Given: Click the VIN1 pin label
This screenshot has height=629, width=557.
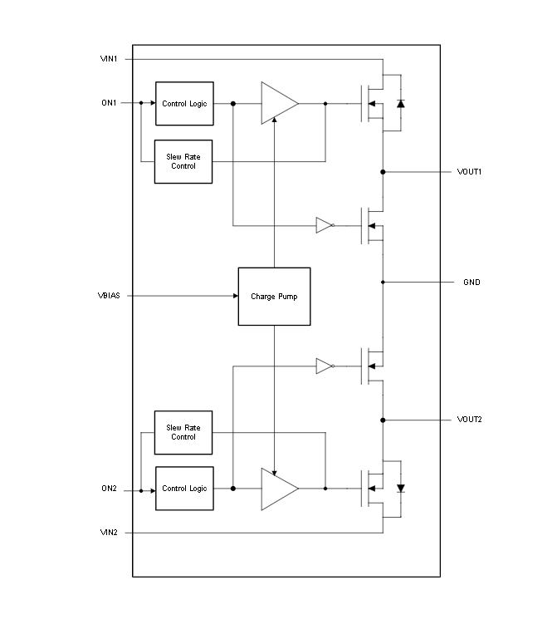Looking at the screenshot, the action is click(109, 59).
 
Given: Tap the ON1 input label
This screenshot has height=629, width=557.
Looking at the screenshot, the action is click(109, 103).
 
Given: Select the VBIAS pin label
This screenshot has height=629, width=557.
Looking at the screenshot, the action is click(109, 296).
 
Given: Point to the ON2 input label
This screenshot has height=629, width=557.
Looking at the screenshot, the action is click(109, 489).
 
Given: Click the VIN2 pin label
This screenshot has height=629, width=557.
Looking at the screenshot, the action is click(109, 533).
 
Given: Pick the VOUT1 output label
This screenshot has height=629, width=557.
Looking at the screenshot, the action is click(469, 172).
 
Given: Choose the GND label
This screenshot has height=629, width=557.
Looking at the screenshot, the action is click(471, 282).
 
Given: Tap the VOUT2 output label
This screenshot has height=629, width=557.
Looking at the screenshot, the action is click(469, 420).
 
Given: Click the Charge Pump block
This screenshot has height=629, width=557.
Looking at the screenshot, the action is click(274, 297).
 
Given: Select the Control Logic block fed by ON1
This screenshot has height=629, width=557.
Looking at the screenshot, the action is click(184, 104).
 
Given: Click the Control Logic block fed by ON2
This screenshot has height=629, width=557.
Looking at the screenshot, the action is click(184, 489).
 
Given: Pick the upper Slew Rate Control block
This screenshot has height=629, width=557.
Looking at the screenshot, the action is click(183, 162).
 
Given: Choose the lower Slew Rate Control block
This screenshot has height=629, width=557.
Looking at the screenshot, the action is click(183, 432).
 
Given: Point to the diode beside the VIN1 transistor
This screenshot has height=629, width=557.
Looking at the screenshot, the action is click(401, 104).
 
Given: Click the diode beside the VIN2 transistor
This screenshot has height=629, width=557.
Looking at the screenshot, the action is click(401, 489).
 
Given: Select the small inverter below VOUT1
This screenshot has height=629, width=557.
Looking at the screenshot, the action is click(325, 225).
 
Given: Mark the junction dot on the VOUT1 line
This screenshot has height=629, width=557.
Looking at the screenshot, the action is click(383, 172).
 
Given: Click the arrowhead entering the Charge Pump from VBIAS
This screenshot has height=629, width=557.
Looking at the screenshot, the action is click(236, 296).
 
